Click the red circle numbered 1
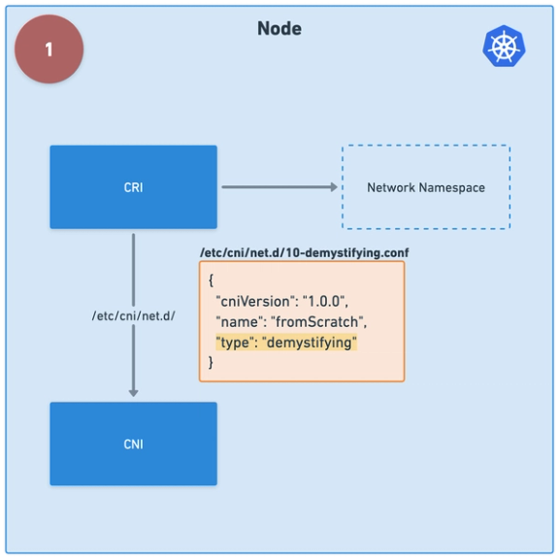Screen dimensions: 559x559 click(x=49, y=49)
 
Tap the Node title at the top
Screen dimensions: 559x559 click(x=279, y=29)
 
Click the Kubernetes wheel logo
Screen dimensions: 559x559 click(x=504, y=48)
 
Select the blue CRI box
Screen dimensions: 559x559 click(x=134, y=187)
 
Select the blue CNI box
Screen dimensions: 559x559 click(x=134, y=444)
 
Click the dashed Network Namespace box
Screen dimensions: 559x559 click(x=425, y=187)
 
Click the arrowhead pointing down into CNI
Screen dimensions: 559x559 click(x=134, y=391)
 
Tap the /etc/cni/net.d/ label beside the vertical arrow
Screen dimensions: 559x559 click(x=134, y=315)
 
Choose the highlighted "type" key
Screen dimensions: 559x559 click(x=236, y=342)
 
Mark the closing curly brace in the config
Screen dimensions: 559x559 click(x=211, y=362)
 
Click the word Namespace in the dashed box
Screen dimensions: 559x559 click(x=452, y=187)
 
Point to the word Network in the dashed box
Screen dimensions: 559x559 click(x=391, y=187)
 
